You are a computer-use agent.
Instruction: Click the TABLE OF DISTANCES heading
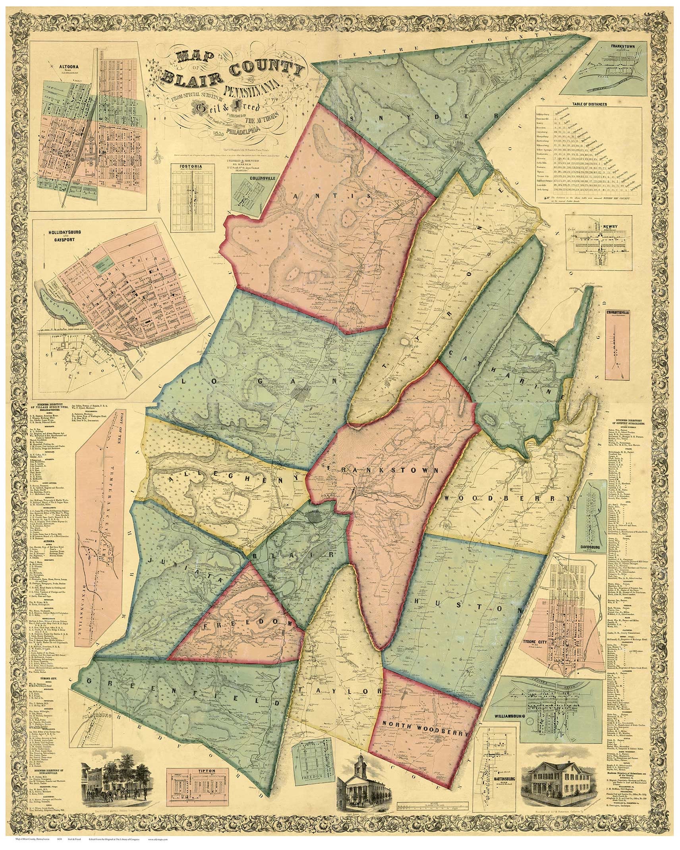(x=589, y=105)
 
